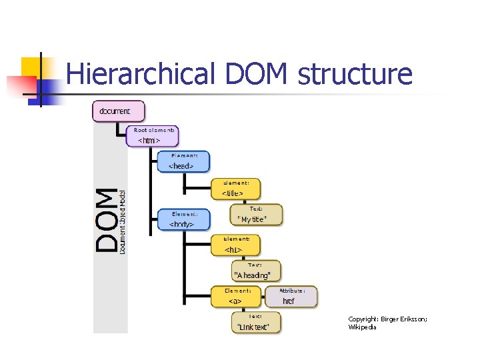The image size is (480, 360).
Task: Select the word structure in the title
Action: [x=355, y=75]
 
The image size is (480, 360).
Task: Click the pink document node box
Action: [x=118, y=111]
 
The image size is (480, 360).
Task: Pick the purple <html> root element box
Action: [x=153, y=137]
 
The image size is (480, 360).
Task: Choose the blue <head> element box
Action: [x=183, y=161]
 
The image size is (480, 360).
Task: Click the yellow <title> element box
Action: [x=236, y=189]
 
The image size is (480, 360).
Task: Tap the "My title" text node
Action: [x=256, y=215]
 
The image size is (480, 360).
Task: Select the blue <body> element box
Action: [x=183, y=219]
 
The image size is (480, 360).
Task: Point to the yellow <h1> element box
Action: [x=236, y=245]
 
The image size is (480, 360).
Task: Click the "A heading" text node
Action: [x=256, y=271]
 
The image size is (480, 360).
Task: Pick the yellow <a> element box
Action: [x=236, y=297]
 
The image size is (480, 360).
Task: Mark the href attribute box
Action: [x=291, y=297]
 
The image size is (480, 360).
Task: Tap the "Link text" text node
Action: [x=256, y=323]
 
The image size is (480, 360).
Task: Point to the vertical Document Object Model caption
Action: [x=123, y=220]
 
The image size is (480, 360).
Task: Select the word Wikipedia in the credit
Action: [x=362, y=327]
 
